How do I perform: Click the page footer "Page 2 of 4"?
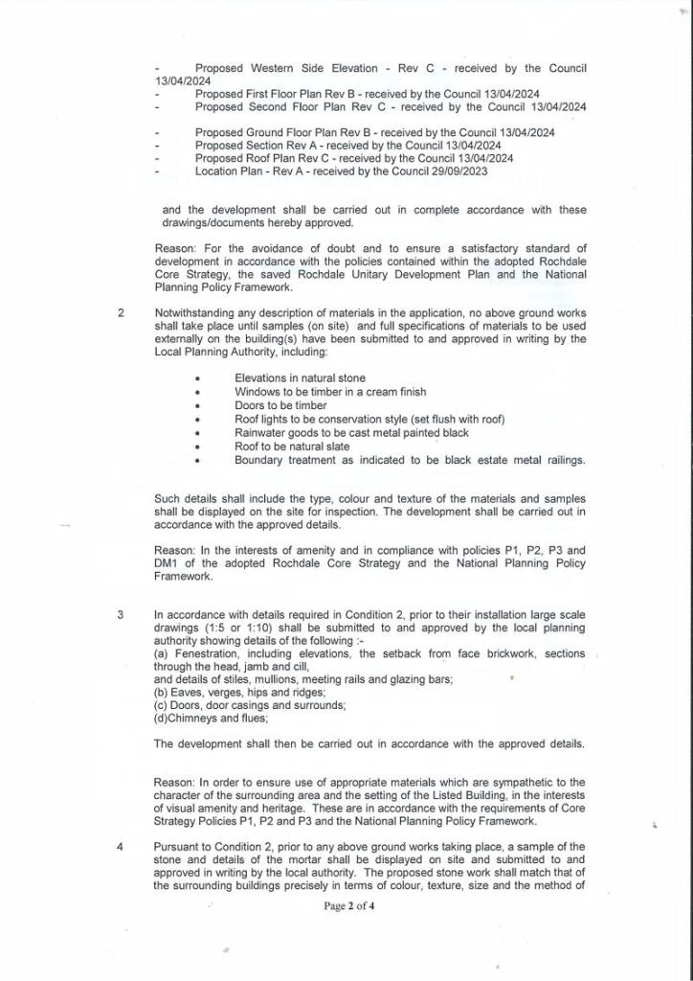(x=348, y=905)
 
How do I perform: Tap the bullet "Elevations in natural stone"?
(x=300, y=378)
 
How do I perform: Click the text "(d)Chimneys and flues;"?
(x=212, y=719)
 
